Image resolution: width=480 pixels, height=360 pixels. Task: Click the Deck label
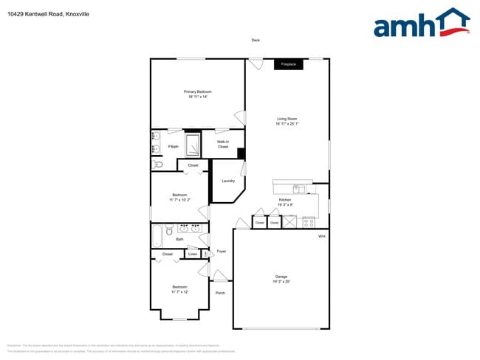256,41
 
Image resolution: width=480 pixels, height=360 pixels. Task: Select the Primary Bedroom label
198,91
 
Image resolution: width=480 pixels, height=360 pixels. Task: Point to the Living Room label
287,118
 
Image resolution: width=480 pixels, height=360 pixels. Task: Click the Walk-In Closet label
222,144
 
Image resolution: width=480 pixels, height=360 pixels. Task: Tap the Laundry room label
227,181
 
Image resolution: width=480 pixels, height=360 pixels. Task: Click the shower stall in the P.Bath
192,145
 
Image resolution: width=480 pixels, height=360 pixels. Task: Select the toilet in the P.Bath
158,165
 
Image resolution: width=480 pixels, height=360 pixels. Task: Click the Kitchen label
284,200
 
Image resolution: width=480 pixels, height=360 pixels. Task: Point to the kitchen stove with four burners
309,221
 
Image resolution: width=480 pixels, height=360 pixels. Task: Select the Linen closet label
192,255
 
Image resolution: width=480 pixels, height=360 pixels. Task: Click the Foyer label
221,252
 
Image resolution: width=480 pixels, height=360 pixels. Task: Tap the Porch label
220,293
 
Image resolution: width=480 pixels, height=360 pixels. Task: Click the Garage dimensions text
281,281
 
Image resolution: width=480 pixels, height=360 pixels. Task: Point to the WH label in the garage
321,236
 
